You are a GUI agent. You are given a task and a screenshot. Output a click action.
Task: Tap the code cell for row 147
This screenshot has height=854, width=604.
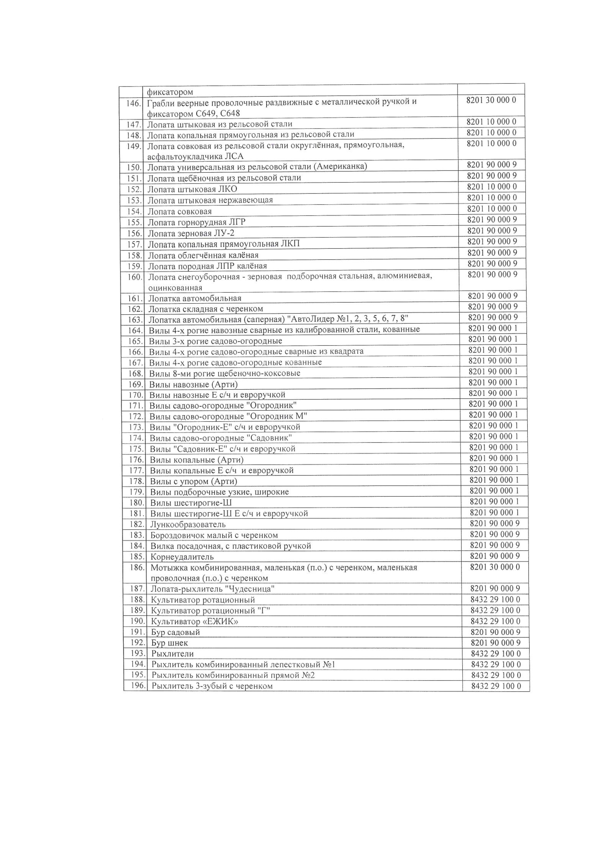click(491, 122)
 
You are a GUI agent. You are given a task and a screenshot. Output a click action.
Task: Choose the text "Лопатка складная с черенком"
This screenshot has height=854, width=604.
click(206, 309)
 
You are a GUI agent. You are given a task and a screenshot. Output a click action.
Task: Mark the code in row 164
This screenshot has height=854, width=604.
click(493, 328)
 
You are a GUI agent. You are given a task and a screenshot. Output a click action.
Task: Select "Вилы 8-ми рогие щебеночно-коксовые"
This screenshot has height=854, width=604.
click(225, 373)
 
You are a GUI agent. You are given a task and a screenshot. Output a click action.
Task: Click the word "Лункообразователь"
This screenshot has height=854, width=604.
click(188, 524)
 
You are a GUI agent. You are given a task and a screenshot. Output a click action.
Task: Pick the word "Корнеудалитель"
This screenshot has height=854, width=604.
click(182, 557)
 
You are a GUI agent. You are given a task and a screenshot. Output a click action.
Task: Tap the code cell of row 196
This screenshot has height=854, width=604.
click(496, 686)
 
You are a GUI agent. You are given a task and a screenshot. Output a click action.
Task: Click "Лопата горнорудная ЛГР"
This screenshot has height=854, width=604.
click(197, 222)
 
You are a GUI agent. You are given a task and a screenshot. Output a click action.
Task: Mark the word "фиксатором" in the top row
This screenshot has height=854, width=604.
click(170, 92)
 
